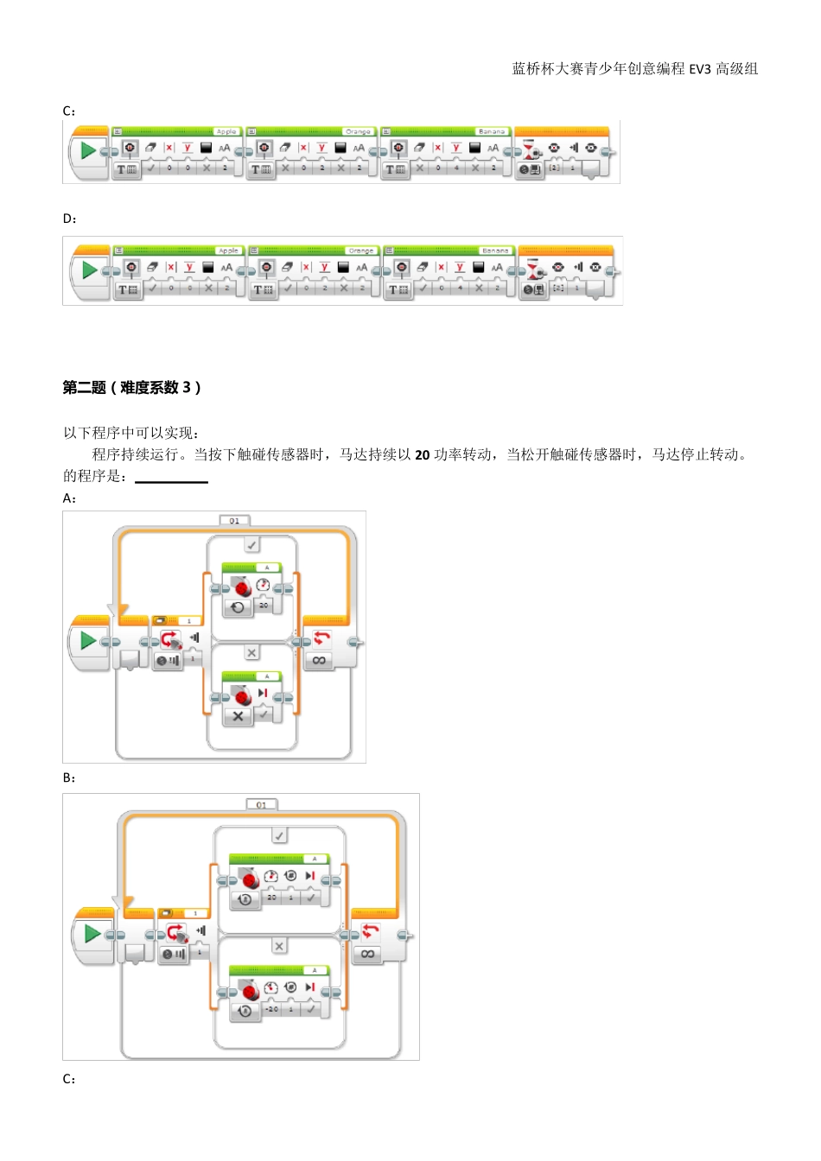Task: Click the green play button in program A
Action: [87, 641]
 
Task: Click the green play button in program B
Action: [92, 934]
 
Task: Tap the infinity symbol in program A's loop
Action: [319, 660]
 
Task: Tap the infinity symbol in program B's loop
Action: [367, 954]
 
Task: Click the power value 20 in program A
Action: [264, 606]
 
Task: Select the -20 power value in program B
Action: [271, 1009]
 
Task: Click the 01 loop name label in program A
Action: [234, 521]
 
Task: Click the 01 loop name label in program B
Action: [262, 805]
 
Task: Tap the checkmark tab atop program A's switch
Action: [251, 544]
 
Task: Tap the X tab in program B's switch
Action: [279, 947]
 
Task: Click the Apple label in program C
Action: [226, 131]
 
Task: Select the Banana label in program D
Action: [495, 251]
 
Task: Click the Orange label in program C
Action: [358, 131]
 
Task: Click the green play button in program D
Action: [89, 270]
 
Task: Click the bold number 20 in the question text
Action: [422, 455]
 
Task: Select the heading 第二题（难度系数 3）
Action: [131, 388]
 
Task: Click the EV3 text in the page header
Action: [699, 69]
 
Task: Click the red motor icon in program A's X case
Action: [241, 696]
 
